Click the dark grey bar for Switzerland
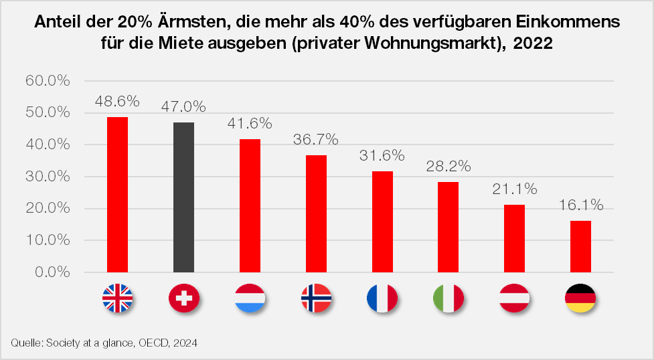coord(183,197)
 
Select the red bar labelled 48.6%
coord(117,195)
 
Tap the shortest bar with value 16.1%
coord(580,246)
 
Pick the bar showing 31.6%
coord(382,221)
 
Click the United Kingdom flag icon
coord(117,298)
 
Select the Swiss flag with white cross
coord(183,298)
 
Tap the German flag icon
coord(580,298)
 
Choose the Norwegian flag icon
coord(316,298)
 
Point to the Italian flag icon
coord(448,298)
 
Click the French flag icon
coord(382,298)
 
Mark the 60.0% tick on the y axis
coord(48,81)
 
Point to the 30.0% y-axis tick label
coord(48,177)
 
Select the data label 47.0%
coord(183,106)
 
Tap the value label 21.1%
coord(515,189)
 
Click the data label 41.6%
coord(250,124)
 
